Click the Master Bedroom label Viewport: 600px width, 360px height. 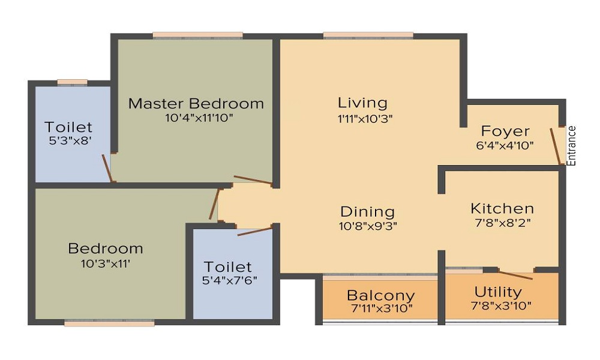click(x=196, y=103)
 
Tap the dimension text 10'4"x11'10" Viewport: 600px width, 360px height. click(x=199, y=118)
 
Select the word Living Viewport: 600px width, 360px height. click(x=363, y=103)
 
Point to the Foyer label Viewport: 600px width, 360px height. click(x=505, y=131)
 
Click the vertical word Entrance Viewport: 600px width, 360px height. click(x=571, y=146)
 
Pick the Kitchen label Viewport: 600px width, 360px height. click(x=502, y=209)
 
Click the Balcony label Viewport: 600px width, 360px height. click(x=381, y=296)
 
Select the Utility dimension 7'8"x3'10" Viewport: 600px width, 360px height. click(x=501, y=305)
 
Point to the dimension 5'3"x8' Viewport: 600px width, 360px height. click(x=70, y=141)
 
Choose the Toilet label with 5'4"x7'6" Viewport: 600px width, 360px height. click(x=227, y=266)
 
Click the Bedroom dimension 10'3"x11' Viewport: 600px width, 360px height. click(x=106, y=263)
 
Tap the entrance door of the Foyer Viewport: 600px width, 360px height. click(x=556, y=146)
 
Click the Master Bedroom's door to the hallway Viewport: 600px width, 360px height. click(x=253, y=180)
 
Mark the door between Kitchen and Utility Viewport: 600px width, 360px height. click(x=516, y=275)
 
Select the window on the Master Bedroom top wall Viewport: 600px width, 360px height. click(x=198, y=35)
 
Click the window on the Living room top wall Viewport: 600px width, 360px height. click(x=368, y=35)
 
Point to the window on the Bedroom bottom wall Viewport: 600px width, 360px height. click(x=109, y=323)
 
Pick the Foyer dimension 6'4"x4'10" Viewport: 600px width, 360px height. click(x=505, y=146)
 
